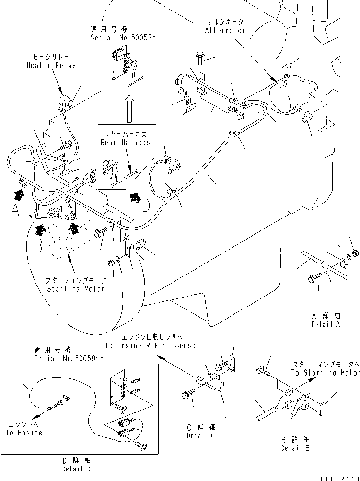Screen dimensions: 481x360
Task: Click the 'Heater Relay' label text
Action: pyautogui.click(x=51, y=65)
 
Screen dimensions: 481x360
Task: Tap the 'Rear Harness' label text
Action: pyautogui.click(x=125, y=142)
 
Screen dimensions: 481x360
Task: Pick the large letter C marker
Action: pyautogui.click(x=69, y=243)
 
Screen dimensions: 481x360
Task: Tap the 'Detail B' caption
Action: pyautogui.click(x=295, y=448)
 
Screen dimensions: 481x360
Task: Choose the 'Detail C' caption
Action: pyautogui.click(x=201, y=435)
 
